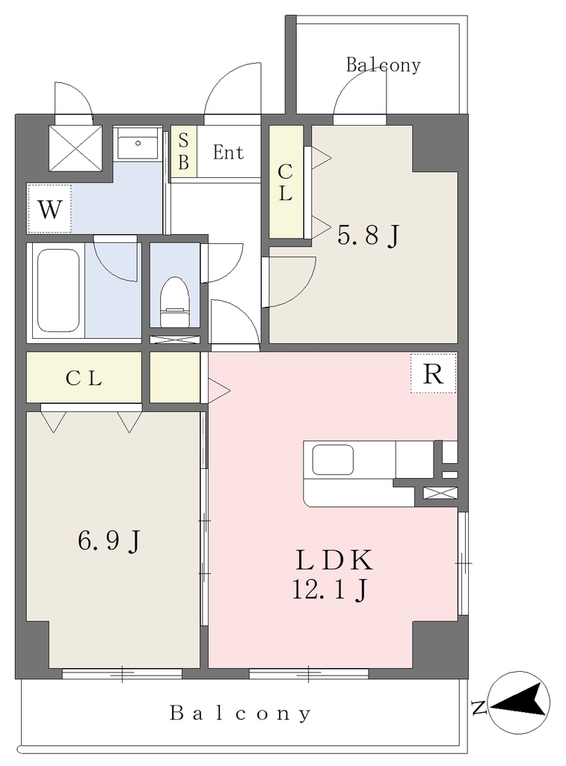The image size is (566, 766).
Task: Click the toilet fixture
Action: point(174,302)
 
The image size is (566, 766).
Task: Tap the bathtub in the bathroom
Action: point(58,290)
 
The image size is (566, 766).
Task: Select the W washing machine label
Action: point(50,209)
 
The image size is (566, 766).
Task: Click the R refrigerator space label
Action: point(433,374)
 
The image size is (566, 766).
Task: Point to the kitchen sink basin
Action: point(333,459)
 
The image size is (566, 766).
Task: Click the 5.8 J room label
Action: point(369,235)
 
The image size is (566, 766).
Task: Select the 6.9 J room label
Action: point(109,540)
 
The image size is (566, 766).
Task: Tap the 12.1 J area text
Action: point(330,589)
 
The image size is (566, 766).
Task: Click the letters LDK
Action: point(334,560)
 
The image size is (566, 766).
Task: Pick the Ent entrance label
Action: point(229,153)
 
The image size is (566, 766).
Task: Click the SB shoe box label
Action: point(184,151)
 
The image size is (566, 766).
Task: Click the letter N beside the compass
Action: point(479,707)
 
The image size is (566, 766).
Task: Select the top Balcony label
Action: point(384,65)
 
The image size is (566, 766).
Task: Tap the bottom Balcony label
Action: point(240,713)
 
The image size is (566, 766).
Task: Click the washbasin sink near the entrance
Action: point(138,144)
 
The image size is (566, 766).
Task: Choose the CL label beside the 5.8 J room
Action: point(285,183)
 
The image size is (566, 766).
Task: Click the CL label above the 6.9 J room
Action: point(84,378)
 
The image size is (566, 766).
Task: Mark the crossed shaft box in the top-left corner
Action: point(76,148)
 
